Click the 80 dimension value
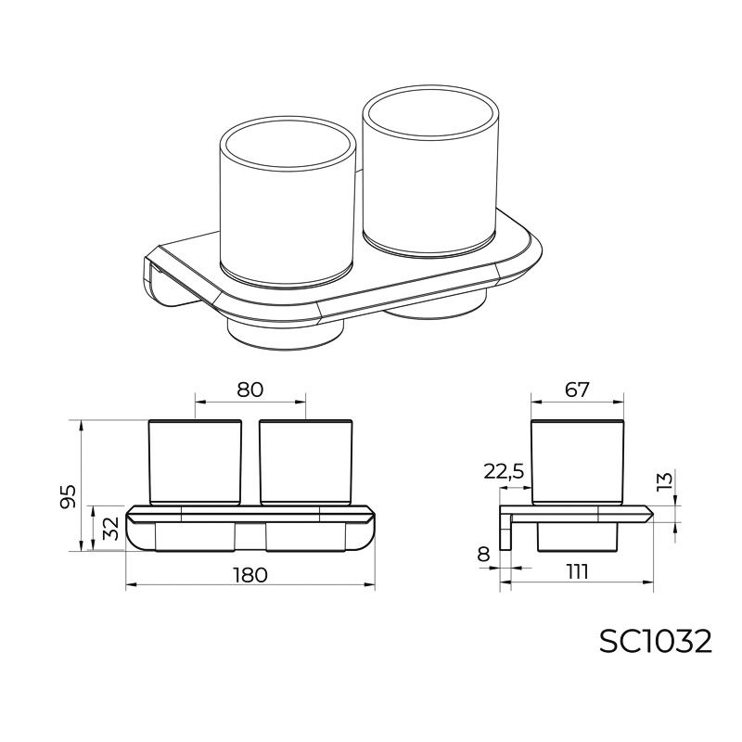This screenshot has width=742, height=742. pyautogui.click(x=249, y=390)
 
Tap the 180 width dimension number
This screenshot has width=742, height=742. pyautogui.click(x=250, y=575)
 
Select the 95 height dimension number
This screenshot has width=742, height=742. pyautogui.click(x=69, y=496)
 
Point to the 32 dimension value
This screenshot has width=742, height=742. pyautogui.click(x=110, y=529)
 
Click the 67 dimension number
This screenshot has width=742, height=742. pyautogui.click(x=577, y=390)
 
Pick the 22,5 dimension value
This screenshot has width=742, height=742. pyautogui.click(x=504, y=472)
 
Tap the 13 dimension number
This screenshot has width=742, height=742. pyautogui.click(x=665, y=480)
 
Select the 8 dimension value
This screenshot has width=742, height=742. pyautogui.click(x=483, y=554)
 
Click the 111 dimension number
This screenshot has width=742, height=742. pyautogui.click(x=577, y=571)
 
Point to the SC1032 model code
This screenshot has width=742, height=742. pyautogui.click(x=656, y=643)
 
